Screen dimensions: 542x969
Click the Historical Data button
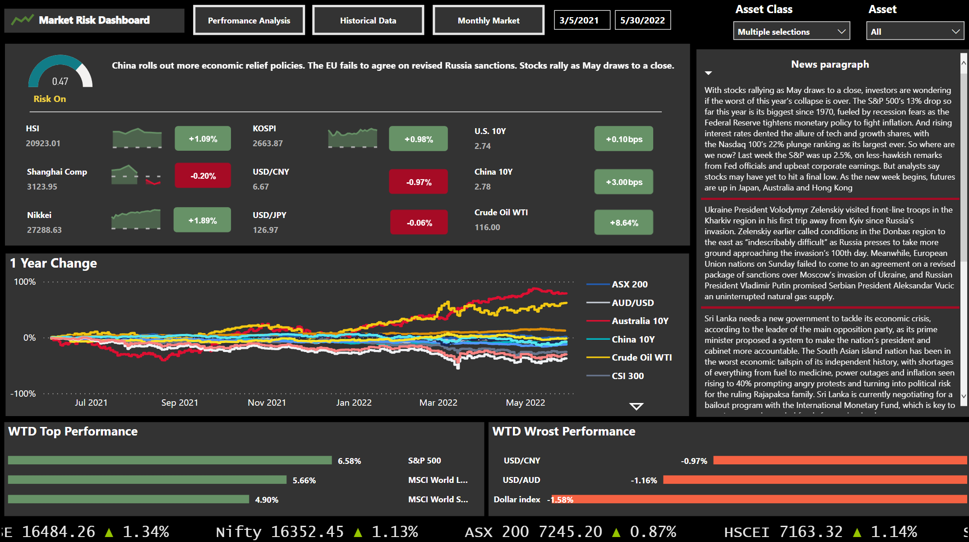[368, 20]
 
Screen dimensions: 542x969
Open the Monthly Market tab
[488, 20]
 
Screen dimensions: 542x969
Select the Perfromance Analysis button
[249, 20]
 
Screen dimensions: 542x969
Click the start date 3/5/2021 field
[581, 20]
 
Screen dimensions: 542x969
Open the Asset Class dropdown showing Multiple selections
[791, 32]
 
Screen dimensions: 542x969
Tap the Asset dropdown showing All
[914, 32]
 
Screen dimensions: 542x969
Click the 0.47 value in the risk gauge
[60, 82]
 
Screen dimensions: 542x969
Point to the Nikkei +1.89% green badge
[202, 220]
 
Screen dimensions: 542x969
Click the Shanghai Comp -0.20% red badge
[203, 176]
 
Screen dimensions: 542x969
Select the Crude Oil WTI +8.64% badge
[623, 222]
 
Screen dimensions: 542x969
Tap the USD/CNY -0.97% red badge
[418, 182]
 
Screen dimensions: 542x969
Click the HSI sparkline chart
[137, 138]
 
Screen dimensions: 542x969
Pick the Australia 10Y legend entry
[639, 321]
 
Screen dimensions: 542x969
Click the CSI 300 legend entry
[627, 376]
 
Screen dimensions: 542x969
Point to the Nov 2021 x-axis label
[267, 403]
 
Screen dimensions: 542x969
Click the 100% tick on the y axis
[25, 282]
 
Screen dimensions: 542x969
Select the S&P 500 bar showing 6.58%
[170, 460]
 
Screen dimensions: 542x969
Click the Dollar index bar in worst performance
[758, 499]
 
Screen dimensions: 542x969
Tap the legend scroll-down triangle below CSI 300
[636, 407]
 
